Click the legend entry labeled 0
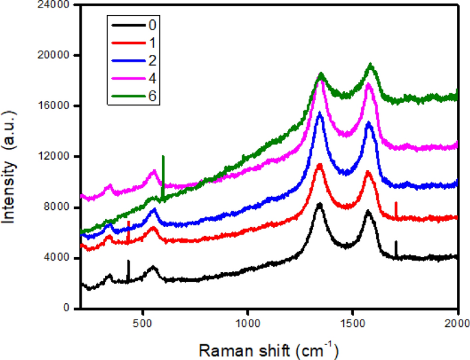(134, 25)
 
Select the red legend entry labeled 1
(134, 43)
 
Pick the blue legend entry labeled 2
(134, 60)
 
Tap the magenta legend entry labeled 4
(134, 77)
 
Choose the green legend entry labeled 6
(134, 95)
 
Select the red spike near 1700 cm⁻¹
(396, 209)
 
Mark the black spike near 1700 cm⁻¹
(396, 248)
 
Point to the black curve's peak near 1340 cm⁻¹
(319, 205)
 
